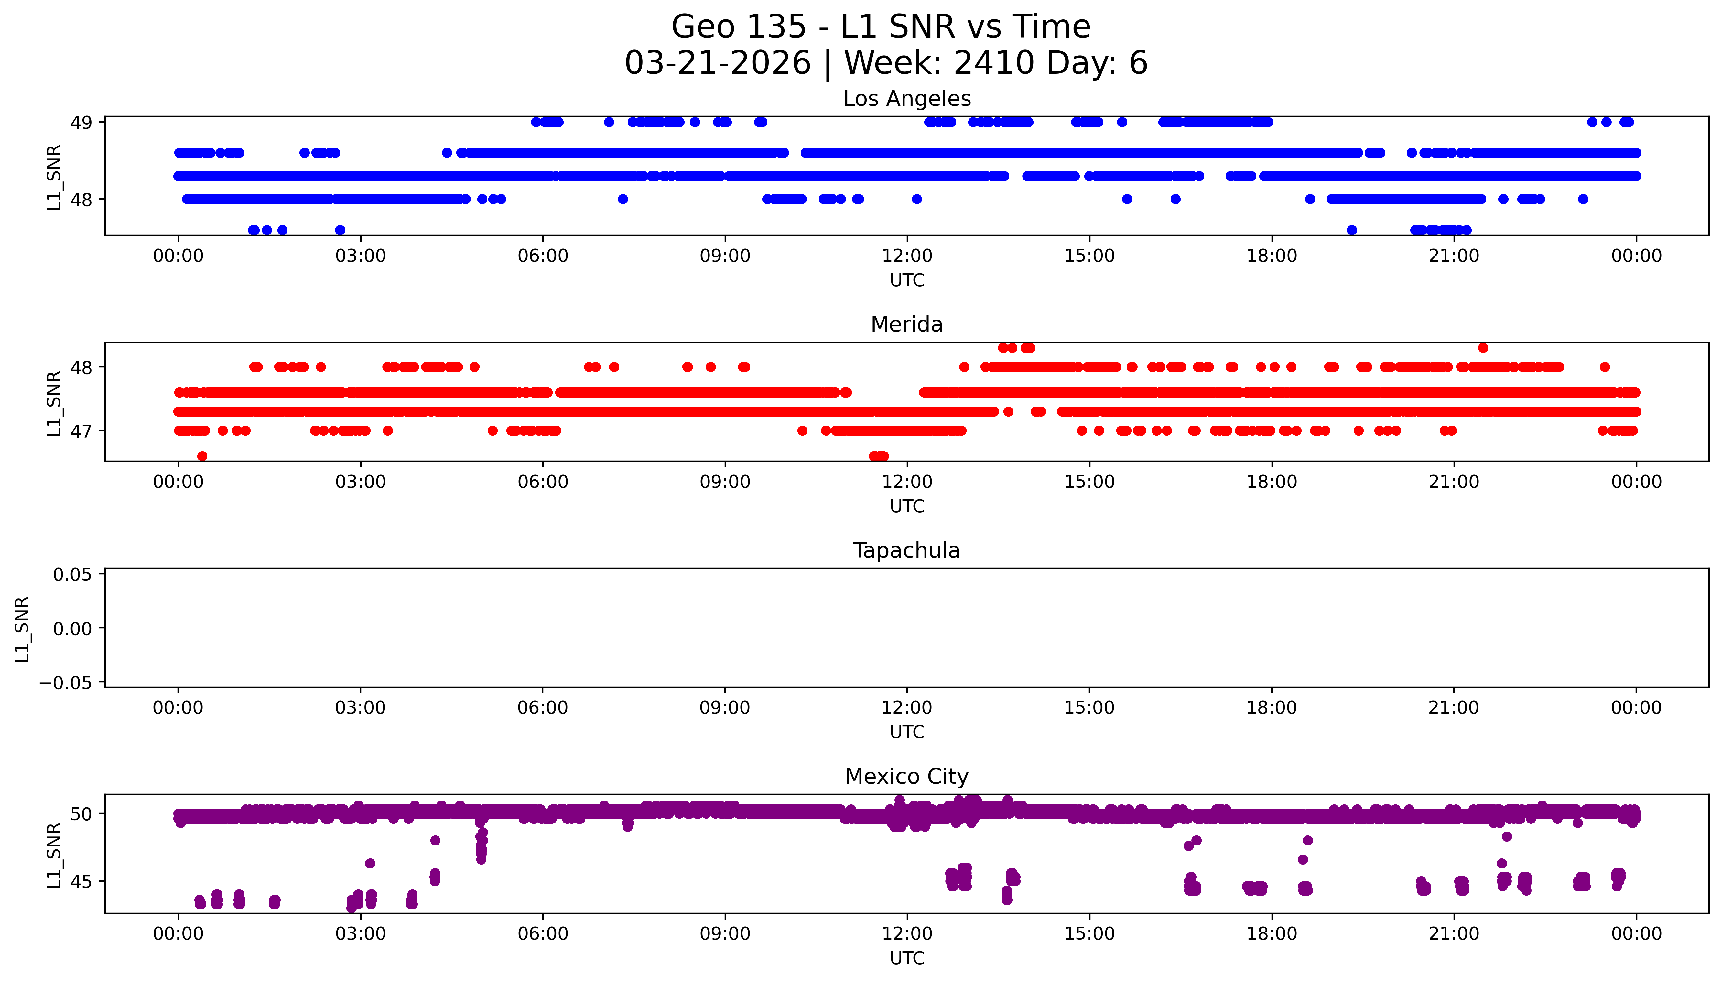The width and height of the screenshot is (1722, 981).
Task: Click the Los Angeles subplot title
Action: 906,99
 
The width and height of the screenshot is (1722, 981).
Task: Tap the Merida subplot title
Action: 906,325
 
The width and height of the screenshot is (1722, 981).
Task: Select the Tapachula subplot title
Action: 906,550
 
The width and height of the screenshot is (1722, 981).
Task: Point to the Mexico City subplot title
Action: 906,777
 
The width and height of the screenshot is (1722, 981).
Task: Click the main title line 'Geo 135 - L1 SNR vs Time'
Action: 881,27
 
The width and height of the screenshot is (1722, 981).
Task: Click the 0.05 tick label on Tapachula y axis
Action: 73,575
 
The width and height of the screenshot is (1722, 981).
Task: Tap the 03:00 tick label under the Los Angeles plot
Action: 360,256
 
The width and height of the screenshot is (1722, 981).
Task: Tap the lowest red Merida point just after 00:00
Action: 202,456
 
